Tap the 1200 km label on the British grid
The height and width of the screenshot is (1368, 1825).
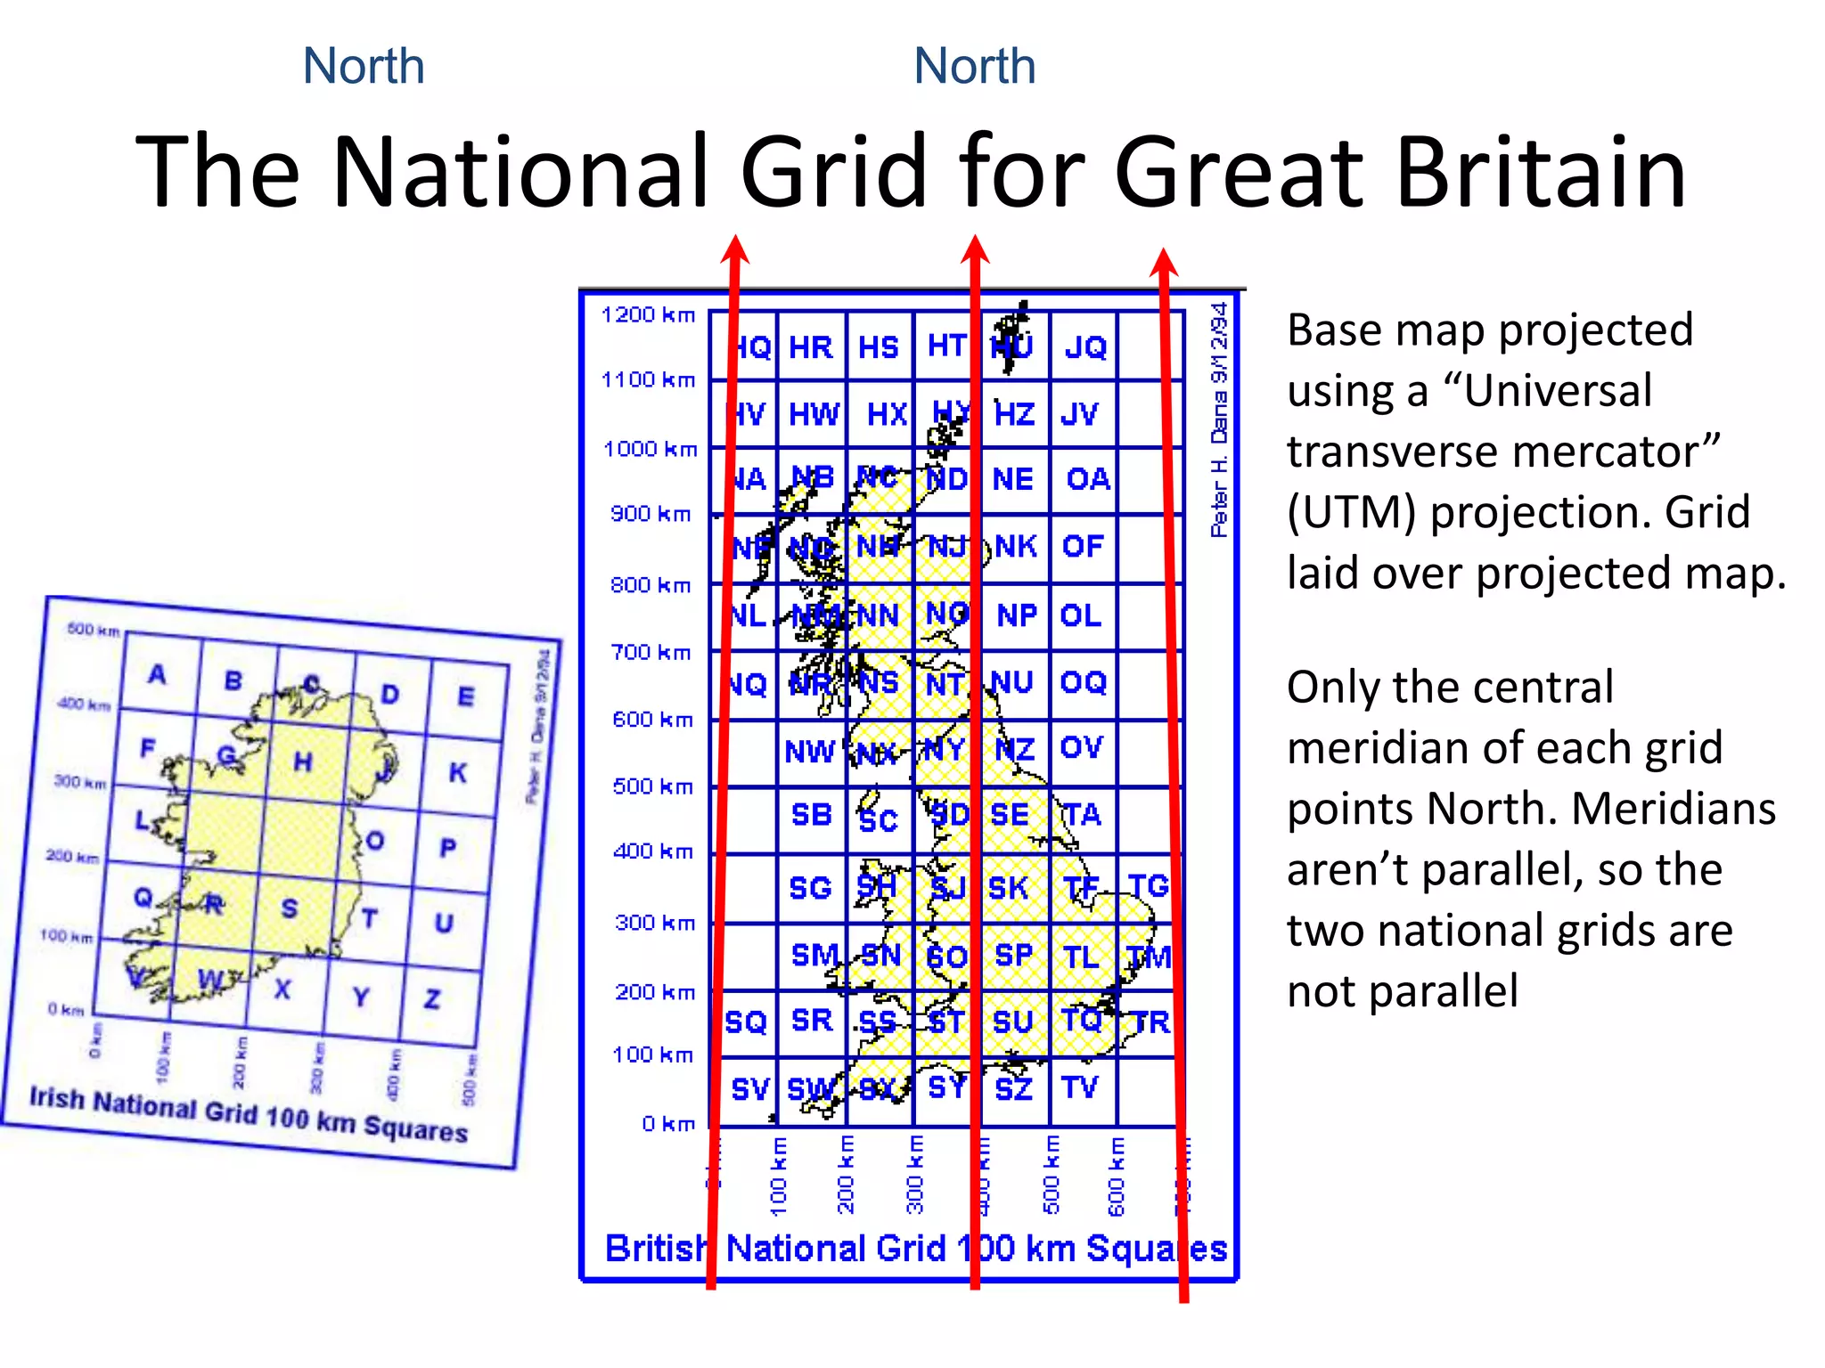coord(648,314)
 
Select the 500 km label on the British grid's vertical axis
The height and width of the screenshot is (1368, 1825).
coord(652,786)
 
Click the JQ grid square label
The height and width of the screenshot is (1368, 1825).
coord(1085,347)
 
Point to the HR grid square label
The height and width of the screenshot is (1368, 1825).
coord(811,347)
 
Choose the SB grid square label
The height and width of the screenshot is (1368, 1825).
coord(812,815)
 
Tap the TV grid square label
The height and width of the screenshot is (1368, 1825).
coord(1080,1087)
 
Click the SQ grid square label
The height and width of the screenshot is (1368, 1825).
coord(746,1022)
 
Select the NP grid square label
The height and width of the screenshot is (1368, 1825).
coord(1017,615)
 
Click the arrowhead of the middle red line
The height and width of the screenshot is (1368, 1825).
coord(975,250)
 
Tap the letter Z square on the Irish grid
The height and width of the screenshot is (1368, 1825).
coord(432,999)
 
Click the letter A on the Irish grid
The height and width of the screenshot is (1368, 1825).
coord(157,674)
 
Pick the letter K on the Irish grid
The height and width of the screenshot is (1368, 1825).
coord(457,772)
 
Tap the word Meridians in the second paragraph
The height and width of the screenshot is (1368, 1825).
coord(1674,809)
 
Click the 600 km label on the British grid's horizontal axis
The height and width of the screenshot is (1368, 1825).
coord(1117,1176)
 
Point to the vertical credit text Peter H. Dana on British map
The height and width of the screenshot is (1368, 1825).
coord(1219,419)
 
